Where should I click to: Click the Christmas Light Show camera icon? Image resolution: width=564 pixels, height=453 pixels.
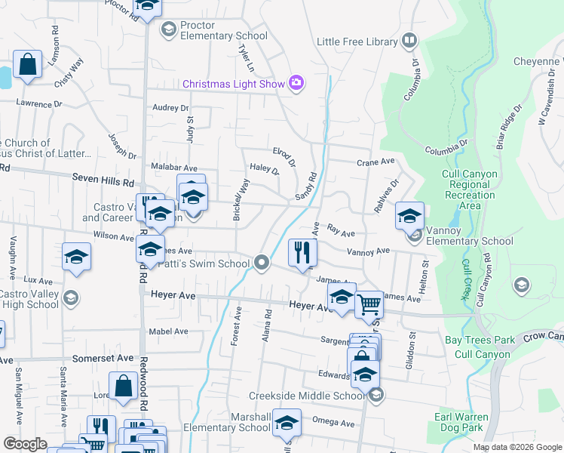[x=296, y=83]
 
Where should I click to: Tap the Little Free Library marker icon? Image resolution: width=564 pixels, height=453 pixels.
[x=409, y=41]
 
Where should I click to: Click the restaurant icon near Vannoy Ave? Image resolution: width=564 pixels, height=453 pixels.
[x=302, y=253]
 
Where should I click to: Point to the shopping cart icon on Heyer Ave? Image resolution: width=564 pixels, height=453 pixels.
[x=369, y=305]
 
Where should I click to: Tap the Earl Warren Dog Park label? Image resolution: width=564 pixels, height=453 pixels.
[x=461, y=422]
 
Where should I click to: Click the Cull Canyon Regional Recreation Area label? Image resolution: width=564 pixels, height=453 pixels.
[x=470, y=190]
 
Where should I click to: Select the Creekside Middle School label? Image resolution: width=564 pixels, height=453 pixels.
[x=307, y=396]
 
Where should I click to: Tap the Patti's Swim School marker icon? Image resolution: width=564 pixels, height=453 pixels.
[x=262, y=263]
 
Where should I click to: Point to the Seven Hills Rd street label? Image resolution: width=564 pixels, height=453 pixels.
[x=103, y=181]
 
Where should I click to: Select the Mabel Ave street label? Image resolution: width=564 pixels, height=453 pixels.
[x=169, y=331]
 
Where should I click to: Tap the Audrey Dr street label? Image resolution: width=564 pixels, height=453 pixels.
[x=170, y=108]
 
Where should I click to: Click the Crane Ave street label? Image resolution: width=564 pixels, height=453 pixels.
[x=375, y=162]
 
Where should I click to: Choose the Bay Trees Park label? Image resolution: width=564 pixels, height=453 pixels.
[x=480, y=341]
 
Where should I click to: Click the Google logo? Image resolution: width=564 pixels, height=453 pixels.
[x=26, y=444]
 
